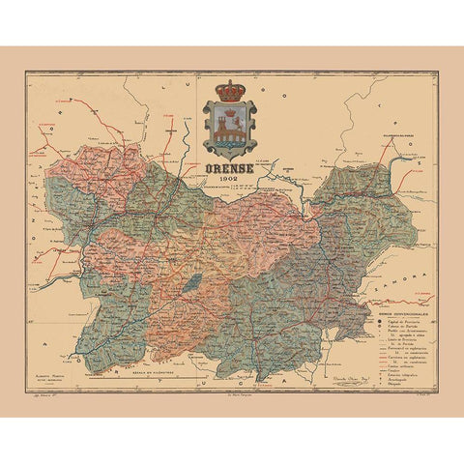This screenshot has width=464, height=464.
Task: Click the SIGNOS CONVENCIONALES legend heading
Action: point(403,313)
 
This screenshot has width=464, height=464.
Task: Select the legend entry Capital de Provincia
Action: point(403,320)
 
